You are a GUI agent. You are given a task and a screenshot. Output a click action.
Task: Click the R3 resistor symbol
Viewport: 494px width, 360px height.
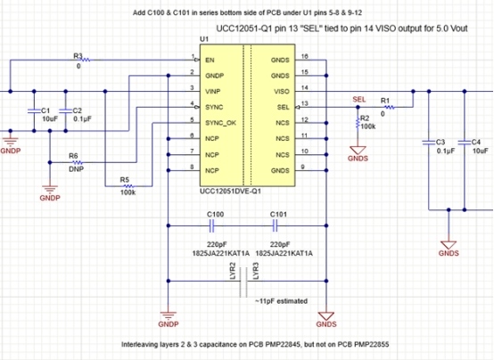86,60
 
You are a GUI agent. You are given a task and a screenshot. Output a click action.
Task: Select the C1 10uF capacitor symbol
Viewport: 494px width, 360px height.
35,110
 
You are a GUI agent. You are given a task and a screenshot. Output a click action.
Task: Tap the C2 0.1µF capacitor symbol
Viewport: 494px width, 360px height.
65,110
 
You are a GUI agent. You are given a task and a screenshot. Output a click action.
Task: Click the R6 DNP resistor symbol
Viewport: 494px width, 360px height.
78,162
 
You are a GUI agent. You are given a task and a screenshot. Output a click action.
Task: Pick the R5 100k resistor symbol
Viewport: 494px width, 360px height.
128,186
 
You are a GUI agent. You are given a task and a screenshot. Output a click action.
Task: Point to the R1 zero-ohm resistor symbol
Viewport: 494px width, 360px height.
390,108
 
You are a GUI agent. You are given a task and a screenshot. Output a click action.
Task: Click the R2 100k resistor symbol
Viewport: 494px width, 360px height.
358,122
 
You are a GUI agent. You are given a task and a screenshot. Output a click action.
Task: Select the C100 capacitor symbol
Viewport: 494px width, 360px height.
211,225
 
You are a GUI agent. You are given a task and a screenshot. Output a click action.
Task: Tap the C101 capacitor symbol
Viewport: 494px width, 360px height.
275,225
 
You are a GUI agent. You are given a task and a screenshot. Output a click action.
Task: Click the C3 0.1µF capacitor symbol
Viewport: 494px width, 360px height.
429,143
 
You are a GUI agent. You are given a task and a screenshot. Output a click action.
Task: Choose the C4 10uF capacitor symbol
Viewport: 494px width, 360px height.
465,143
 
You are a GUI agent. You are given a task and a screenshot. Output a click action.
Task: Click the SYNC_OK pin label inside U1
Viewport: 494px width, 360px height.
220,123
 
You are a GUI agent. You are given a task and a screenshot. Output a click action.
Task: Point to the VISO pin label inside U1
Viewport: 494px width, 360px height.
282,92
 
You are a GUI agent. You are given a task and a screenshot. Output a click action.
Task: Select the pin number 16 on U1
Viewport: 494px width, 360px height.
304,56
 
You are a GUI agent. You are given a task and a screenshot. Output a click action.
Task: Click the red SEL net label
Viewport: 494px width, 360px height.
359,100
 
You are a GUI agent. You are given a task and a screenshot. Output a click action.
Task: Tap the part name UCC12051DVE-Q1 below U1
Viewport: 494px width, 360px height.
230,192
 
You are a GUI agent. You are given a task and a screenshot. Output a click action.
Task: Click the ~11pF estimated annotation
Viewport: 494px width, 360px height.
282,301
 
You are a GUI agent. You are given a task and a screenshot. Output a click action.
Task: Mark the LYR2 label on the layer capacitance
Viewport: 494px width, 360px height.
232,271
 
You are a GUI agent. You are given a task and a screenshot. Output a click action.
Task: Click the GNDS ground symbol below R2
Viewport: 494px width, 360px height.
358,151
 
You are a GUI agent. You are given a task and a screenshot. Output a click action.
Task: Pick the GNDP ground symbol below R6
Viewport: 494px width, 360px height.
50,189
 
